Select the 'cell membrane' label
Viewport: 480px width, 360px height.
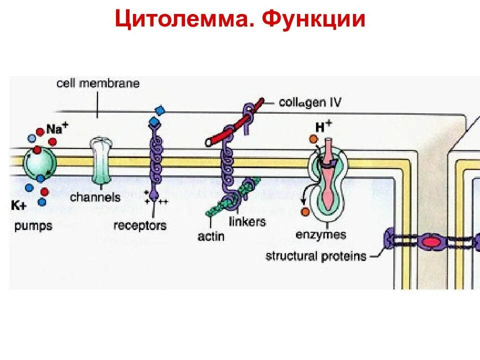pyautogui.click(x=97, y=83)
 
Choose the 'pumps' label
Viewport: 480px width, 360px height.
pyautogui.click(x=33, y=225)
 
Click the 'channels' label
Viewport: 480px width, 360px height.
pyautogui.click(x=95, y=197)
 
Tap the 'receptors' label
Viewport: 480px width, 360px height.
pyautogui.click(x=139, y=225)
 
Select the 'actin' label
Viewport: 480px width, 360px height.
pyautogui.click(x=211, y=236)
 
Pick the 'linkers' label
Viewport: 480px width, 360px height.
pyautogui.click(x=247, y=221)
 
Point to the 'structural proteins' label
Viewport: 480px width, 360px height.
pyautogui.click(x=315, y=256)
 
